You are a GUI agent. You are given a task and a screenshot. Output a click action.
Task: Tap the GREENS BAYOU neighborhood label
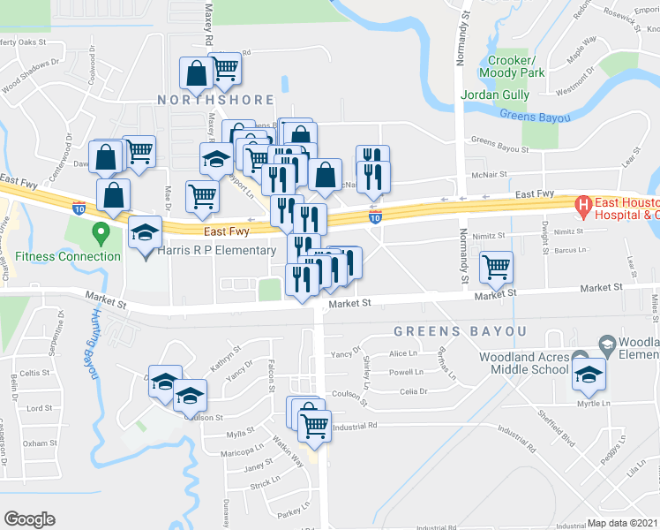click(460, 331)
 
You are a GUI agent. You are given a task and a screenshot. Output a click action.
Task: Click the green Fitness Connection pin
click(100, 234)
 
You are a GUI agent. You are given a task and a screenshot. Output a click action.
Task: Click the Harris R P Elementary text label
click(216, 251)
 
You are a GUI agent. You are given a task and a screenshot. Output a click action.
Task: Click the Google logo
click(29, 519)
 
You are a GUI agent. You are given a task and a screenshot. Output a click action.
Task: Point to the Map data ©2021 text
click(622, 523)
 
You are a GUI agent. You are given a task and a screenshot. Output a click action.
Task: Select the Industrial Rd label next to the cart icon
click(356, 426)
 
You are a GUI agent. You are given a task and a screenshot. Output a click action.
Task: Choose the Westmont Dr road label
click(576, 85)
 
